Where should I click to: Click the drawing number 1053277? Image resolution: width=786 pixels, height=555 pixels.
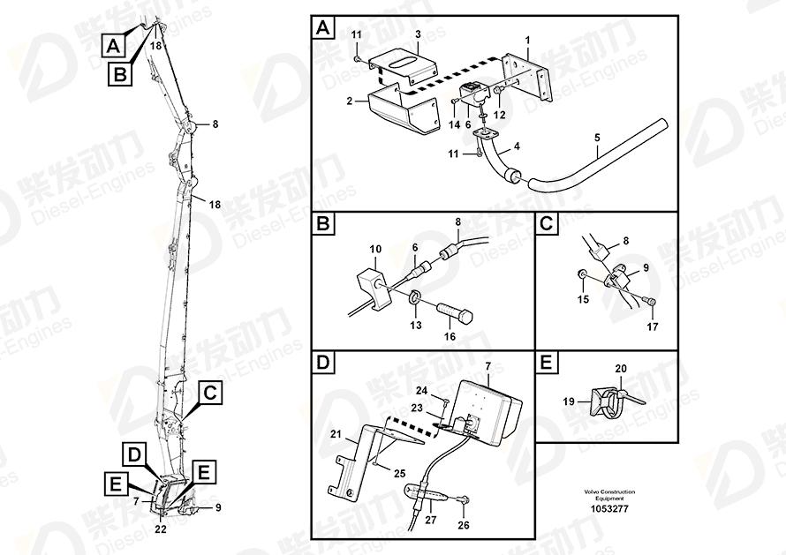609,509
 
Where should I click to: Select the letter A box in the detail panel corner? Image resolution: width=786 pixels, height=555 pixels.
323,28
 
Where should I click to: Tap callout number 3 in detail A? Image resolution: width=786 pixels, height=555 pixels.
418,34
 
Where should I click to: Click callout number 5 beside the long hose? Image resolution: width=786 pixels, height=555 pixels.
597,138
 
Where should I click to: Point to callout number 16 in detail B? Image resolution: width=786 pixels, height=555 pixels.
450,336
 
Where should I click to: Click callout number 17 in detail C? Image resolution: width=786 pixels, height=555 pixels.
652,326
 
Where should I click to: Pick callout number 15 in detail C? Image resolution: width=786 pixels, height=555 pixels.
583,299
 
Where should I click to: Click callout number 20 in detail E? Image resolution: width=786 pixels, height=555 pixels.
621,369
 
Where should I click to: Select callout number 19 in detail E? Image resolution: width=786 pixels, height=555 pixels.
569,401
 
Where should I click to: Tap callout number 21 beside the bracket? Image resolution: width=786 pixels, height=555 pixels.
336,434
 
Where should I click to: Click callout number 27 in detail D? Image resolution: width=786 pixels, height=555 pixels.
431,520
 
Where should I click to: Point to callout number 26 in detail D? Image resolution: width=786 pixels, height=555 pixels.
464,525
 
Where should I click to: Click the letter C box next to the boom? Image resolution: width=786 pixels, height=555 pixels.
210,394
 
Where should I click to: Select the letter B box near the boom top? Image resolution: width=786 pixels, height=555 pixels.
120,75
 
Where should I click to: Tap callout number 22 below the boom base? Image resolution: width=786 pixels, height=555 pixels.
161,529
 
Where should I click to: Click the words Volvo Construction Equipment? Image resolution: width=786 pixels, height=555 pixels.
609,495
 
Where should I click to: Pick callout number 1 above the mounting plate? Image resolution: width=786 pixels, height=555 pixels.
527,40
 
